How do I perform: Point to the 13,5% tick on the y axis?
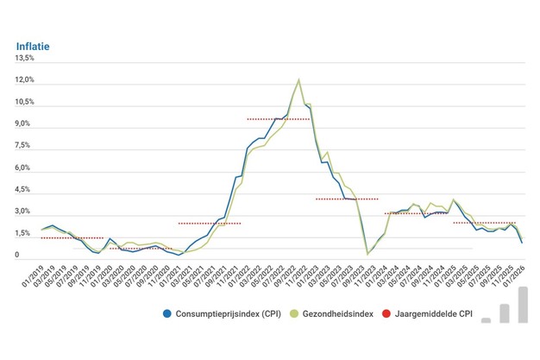coord(23,59)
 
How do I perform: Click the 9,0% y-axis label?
coord(23,124)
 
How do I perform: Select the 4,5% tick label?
coord(23,190)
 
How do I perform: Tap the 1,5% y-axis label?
coord(23,234)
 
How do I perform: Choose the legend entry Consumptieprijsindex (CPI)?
coord(225,313)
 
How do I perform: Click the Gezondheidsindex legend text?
coord(337,313)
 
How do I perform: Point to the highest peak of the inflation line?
coord(298,79)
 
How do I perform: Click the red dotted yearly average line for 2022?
coord(278,118)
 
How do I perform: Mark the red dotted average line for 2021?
coord(210,223)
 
